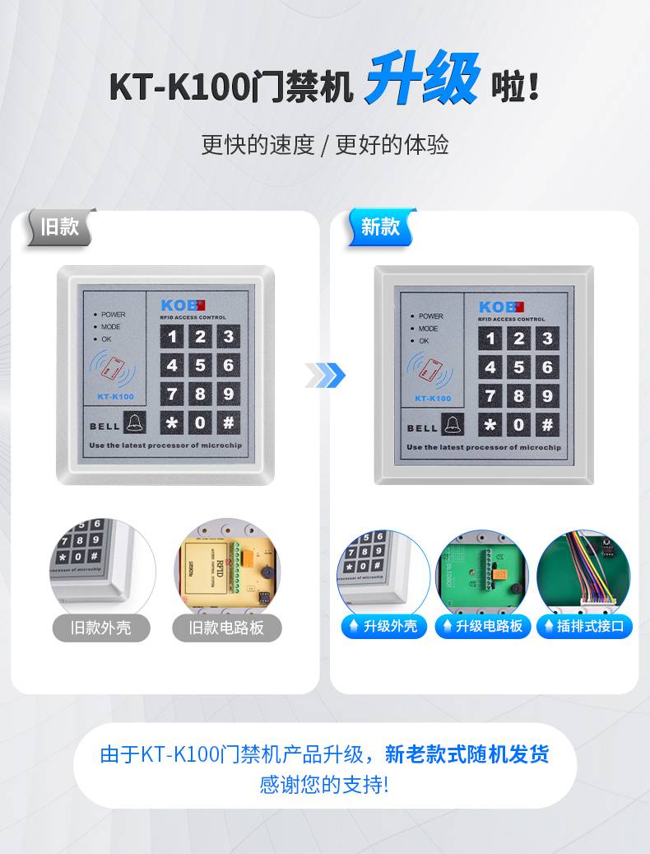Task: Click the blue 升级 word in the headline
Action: pyautogui.click(x=421, y=82)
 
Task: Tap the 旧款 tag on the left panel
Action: pyautogui.click(x=59, y=226)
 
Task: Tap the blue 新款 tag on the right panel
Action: pyautogui.click(x=379, y=226)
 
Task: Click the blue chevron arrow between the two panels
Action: pyautogui.click(x=326, y=376)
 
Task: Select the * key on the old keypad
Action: pyautogui.click(x=172, y=423)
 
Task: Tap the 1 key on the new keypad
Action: pyautogui.click(x=491, y=338)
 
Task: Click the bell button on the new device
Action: pyautogui.click(x=453, y=426)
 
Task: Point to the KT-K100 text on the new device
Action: pyautogui.click(x=433, y=399)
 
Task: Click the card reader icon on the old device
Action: pyautogui.click(x=112, y=368)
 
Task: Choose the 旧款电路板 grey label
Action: pyautogui.click(x=227, y=628)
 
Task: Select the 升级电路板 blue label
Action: pyautogui.click(x=482, y=626)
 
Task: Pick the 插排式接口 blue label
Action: pyautogui.click(x=583, y=626)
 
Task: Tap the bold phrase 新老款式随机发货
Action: pyautogui.click(x=467, y=754)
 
